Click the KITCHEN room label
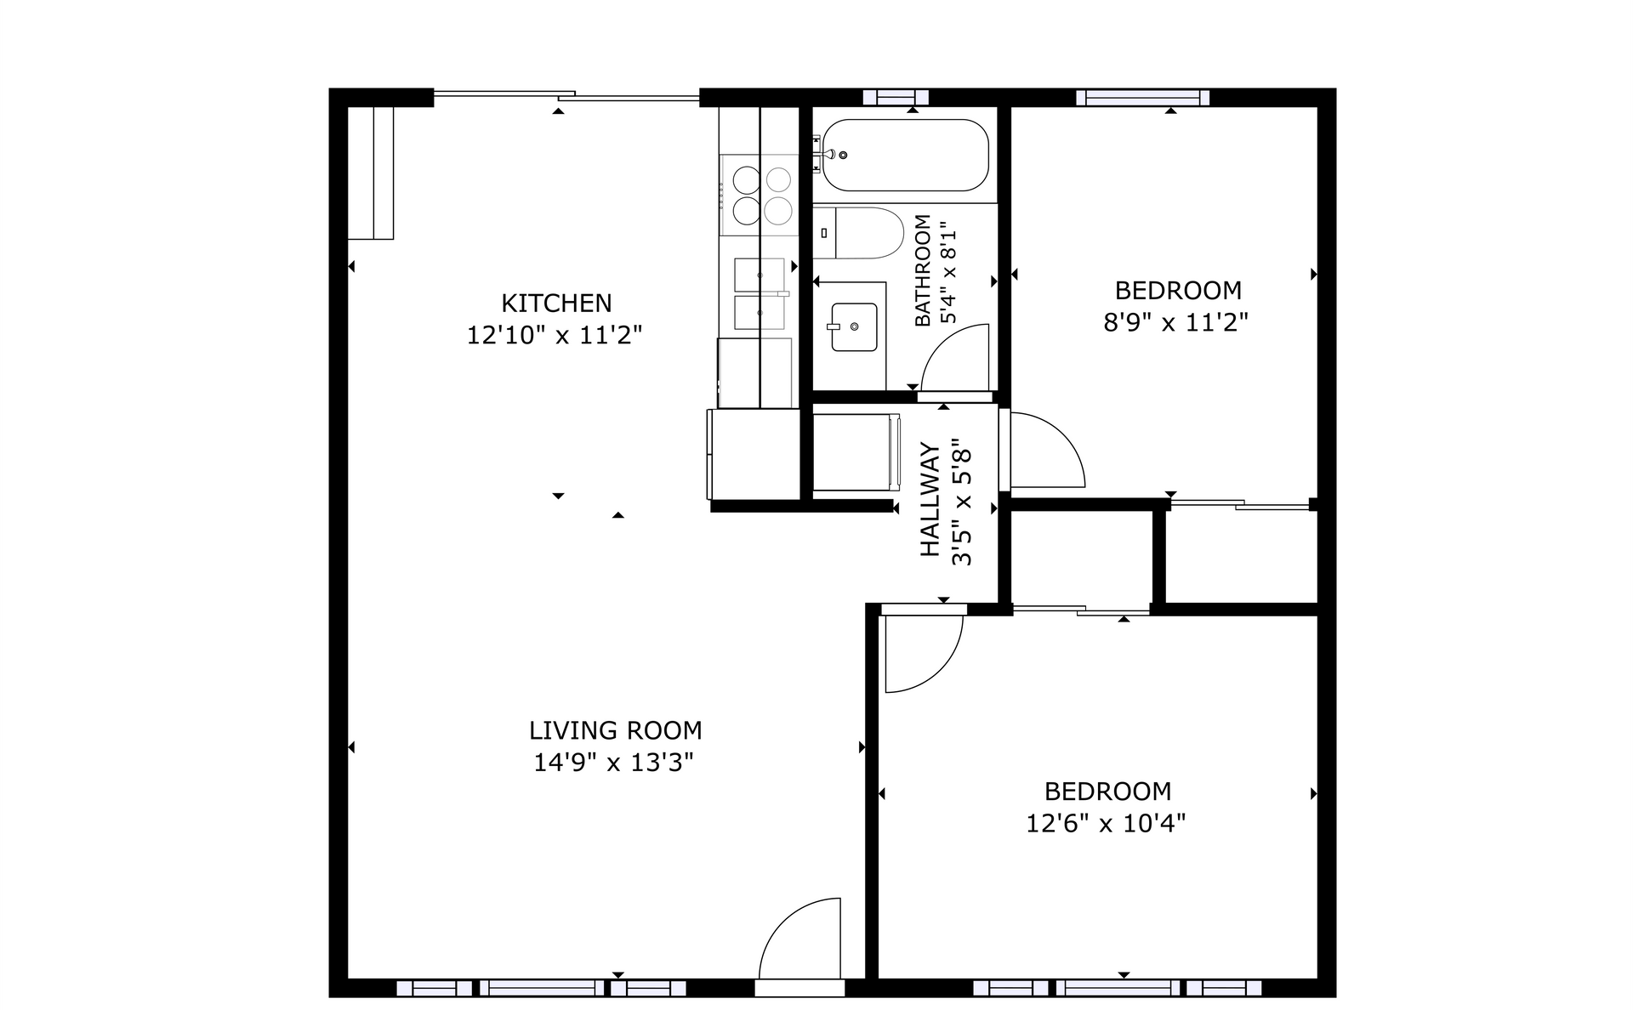click(x=556, y=304)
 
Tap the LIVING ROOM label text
click(x=615, y=730)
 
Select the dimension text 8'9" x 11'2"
click(x=1175, y=323)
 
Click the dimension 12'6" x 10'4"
click(x=1106, y=824)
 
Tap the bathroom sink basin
click(x=854, y=326)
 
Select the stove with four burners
click(x=760, y=195)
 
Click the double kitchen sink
click(x=760, y=293)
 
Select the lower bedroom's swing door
click(x=922, y=650)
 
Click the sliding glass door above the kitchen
click(x=566, y=97)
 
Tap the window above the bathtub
click(x=896, y=98)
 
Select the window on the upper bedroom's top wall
click(x=1142, y=98)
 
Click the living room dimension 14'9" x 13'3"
click(x=613, y=763)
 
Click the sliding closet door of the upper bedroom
click(x=1239, y=505)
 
